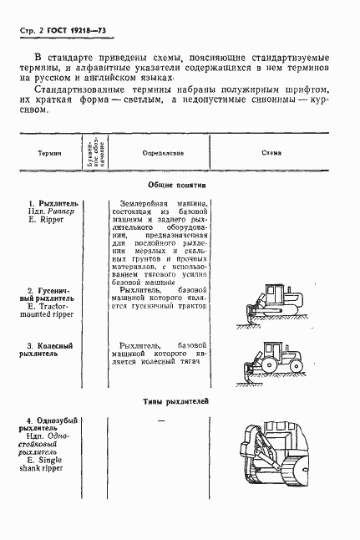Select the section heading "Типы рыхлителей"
coord(176,402)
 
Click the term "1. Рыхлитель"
coord(53,203)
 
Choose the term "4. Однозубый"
coord(52,419)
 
